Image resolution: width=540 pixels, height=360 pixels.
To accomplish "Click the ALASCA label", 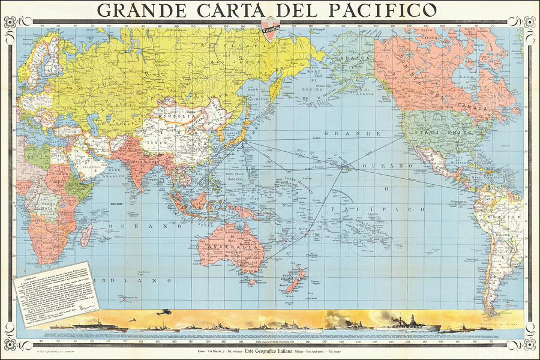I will coord(350,53).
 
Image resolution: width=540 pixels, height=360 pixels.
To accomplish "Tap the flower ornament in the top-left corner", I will coord(10,22).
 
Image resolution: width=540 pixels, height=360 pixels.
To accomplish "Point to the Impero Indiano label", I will coord(142,159).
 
